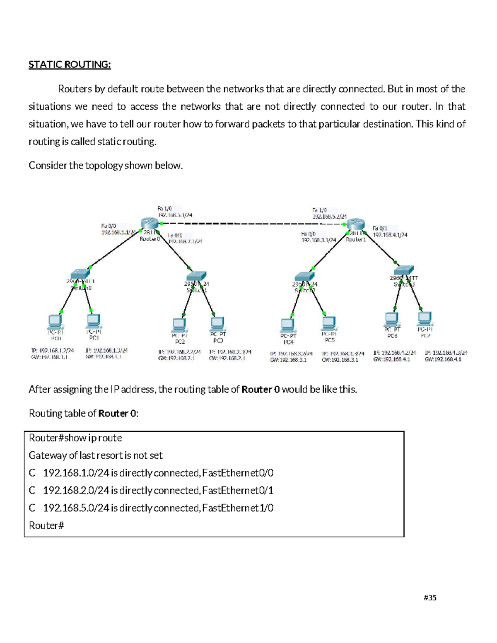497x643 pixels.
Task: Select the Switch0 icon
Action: point(80,274)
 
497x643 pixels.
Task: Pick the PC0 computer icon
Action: point(55,321)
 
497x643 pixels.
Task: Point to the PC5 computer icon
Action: point(328,323)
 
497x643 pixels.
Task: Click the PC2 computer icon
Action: point(179,325)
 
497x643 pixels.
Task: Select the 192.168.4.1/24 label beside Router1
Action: point(390,235)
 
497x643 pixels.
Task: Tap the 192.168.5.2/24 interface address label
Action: point(329,216)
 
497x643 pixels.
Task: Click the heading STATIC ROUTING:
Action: point(70,65)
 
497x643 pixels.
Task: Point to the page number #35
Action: point(430,597)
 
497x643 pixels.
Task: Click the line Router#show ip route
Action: point(75,438)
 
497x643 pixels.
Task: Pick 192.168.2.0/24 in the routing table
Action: point(76,491)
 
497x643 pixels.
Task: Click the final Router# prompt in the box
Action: point(46,526)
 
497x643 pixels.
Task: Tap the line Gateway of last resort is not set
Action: point(96,455)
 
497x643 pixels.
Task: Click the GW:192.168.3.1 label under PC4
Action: point(288,360)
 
